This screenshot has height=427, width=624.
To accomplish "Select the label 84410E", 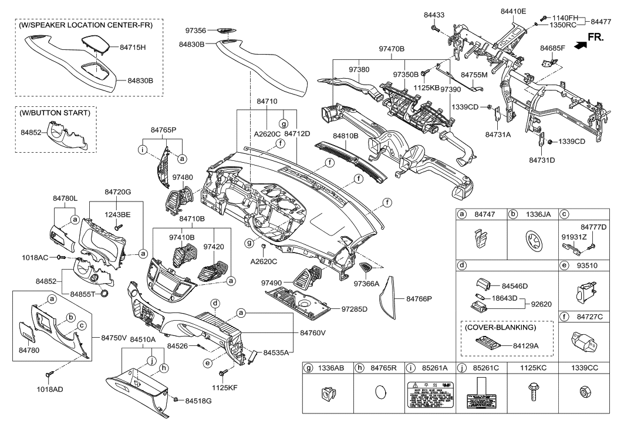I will pos(513,11).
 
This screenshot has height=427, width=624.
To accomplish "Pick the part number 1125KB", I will pos(426,88).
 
